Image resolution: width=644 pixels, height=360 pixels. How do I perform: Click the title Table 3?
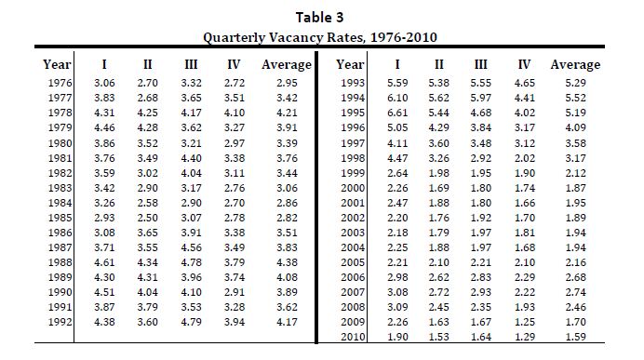coord(319,18)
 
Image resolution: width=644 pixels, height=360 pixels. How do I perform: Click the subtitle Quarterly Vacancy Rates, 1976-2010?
coord(320,37)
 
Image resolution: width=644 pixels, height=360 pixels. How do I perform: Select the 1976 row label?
coord(60,83)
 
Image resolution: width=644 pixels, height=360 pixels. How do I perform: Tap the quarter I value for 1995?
coord(397,113)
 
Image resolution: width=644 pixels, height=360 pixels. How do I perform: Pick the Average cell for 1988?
coord(287,262)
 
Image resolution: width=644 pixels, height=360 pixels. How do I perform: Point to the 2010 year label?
coord(353,337)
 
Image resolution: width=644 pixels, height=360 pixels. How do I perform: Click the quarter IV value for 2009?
coord(525,322)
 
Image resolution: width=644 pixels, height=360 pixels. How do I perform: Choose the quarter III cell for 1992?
coord(191,322)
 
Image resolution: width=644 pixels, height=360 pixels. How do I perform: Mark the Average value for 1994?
coord(575,98)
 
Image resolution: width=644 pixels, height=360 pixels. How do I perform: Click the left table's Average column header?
coord(287,64)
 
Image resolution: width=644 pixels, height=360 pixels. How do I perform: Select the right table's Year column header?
coord(350,64)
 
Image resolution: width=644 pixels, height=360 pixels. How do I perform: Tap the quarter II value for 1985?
coord(147,218)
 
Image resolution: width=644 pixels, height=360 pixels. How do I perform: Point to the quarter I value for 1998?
coord(397,158)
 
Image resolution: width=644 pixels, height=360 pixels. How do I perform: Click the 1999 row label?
coord(353,173)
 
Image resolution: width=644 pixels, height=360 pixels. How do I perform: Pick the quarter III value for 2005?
coord(480,262)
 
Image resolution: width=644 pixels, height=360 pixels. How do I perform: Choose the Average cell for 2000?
coord(575,188)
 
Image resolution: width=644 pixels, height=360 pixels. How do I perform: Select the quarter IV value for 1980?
coord(235,143)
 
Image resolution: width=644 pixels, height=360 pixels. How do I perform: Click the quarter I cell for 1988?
coord(104,262)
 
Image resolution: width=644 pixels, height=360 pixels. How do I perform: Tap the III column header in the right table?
coord(480,64)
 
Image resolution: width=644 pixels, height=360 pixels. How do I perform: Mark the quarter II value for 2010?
coord(438,337)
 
